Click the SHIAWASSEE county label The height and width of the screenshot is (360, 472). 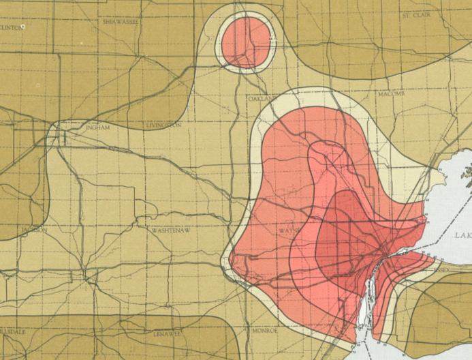coord(121,22)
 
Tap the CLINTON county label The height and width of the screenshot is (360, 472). coord(12,27)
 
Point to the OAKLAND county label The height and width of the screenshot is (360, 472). coord(262,99)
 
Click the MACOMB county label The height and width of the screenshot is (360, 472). coord(391,93)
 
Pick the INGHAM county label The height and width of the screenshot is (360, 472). coord(97,127)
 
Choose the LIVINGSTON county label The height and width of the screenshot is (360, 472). coord(163,126)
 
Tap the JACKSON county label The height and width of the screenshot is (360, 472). coord(34,230)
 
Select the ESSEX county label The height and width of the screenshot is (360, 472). coord(441,270)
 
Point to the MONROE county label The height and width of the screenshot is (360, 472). coord(264,331)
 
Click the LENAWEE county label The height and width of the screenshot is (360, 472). coord(166,334)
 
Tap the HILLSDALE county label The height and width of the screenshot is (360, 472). coord(12,331)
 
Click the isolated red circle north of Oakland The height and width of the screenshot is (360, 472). coord(245,41)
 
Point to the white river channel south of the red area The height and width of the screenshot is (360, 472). coord(363,314)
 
